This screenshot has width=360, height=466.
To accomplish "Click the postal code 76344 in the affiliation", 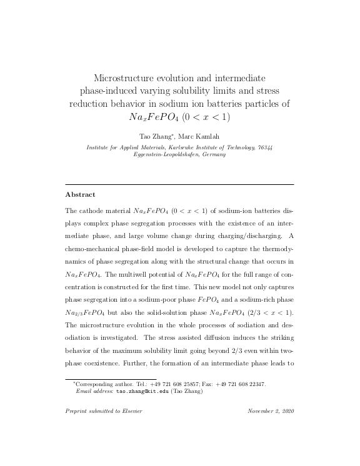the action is [x=264, y=147].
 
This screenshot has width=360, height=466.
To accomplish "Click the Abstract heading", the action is [x=81, y=194].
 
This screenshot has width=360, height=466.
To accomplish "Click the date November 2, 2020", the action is [x=271, y=411].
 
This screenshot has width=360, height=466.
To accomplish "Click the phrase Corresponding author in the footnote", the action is [x=97, y=384].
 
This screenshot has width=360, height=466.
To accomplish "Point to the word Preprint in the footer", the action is [x=77, y=411].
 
